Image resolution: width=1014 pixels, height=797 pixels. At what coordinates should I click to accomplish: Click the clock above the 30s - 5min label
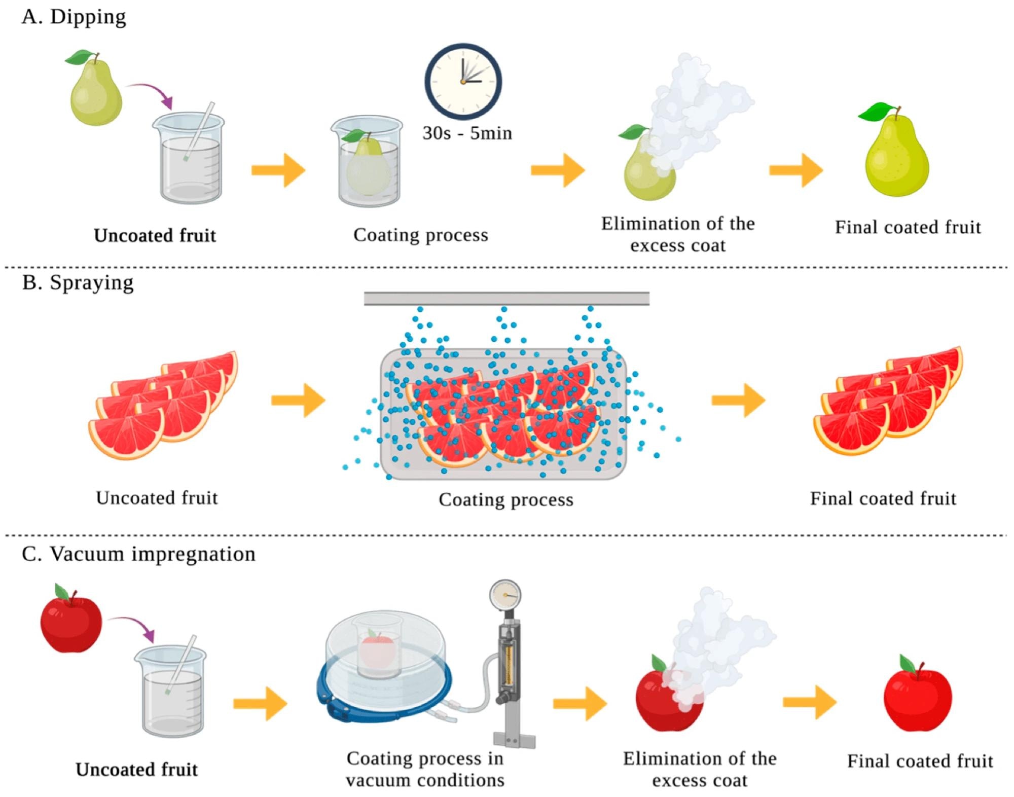pyautogui.click(x=463, y=82)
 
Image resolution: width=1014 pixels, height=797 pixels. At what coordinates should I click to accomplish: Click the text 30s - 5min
pyautogui.click(x=467, y=133)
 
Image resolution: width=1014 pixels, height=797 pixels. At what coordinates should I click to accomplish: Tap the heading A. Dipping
pyautogui.click(x=74, y=17)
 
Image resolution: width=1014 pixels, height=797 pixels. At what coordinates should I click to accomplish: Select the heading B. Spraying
pyautogui.click(x=78, y=282)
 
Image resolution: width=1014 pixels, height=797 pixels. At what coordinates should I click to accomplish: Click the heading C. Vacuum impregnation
pyautogui.click(x=138, y=554)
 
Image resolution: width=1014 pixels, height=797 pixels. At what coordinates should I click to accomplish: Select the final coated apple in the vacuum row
pyautogui.click(x=917, y=697)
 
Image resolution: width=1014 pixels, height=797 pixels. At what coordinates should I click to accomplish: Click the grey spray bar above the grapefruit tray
pyautogui.click(x=506, y=299)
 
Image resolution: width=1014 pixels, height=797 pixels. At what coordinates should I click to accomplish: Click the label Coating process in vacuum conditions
pyautogui.click(x=425, y=769)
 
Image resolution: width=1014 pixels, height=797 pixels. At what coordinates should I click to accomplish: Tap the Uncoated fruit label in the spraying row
pyautogui.click(x=157, y=498)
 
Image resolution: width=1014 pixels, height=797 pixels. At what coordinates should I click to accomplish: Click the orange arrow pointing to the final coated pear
pyautogui.click(x=795, y=170)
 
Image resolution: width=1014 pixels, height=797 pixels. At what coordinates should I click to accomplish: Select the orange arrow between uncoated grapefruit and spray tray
pyautogui.click(x=298, y=401)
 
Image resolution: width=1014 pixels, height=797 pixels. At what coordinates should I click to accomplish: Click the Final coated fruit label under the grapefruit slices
pyautogui.click(x=883, y=498)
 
